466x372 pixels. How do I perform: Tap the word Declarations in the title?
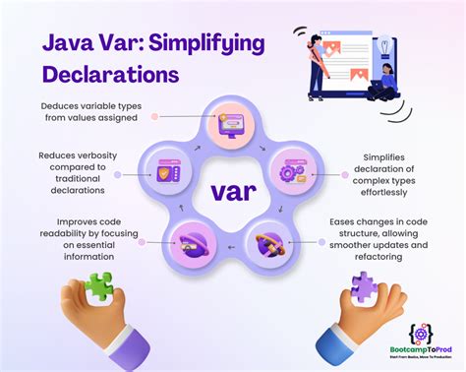[109, 75]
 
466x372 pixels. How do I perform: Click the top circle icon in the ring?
[233, 124]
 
